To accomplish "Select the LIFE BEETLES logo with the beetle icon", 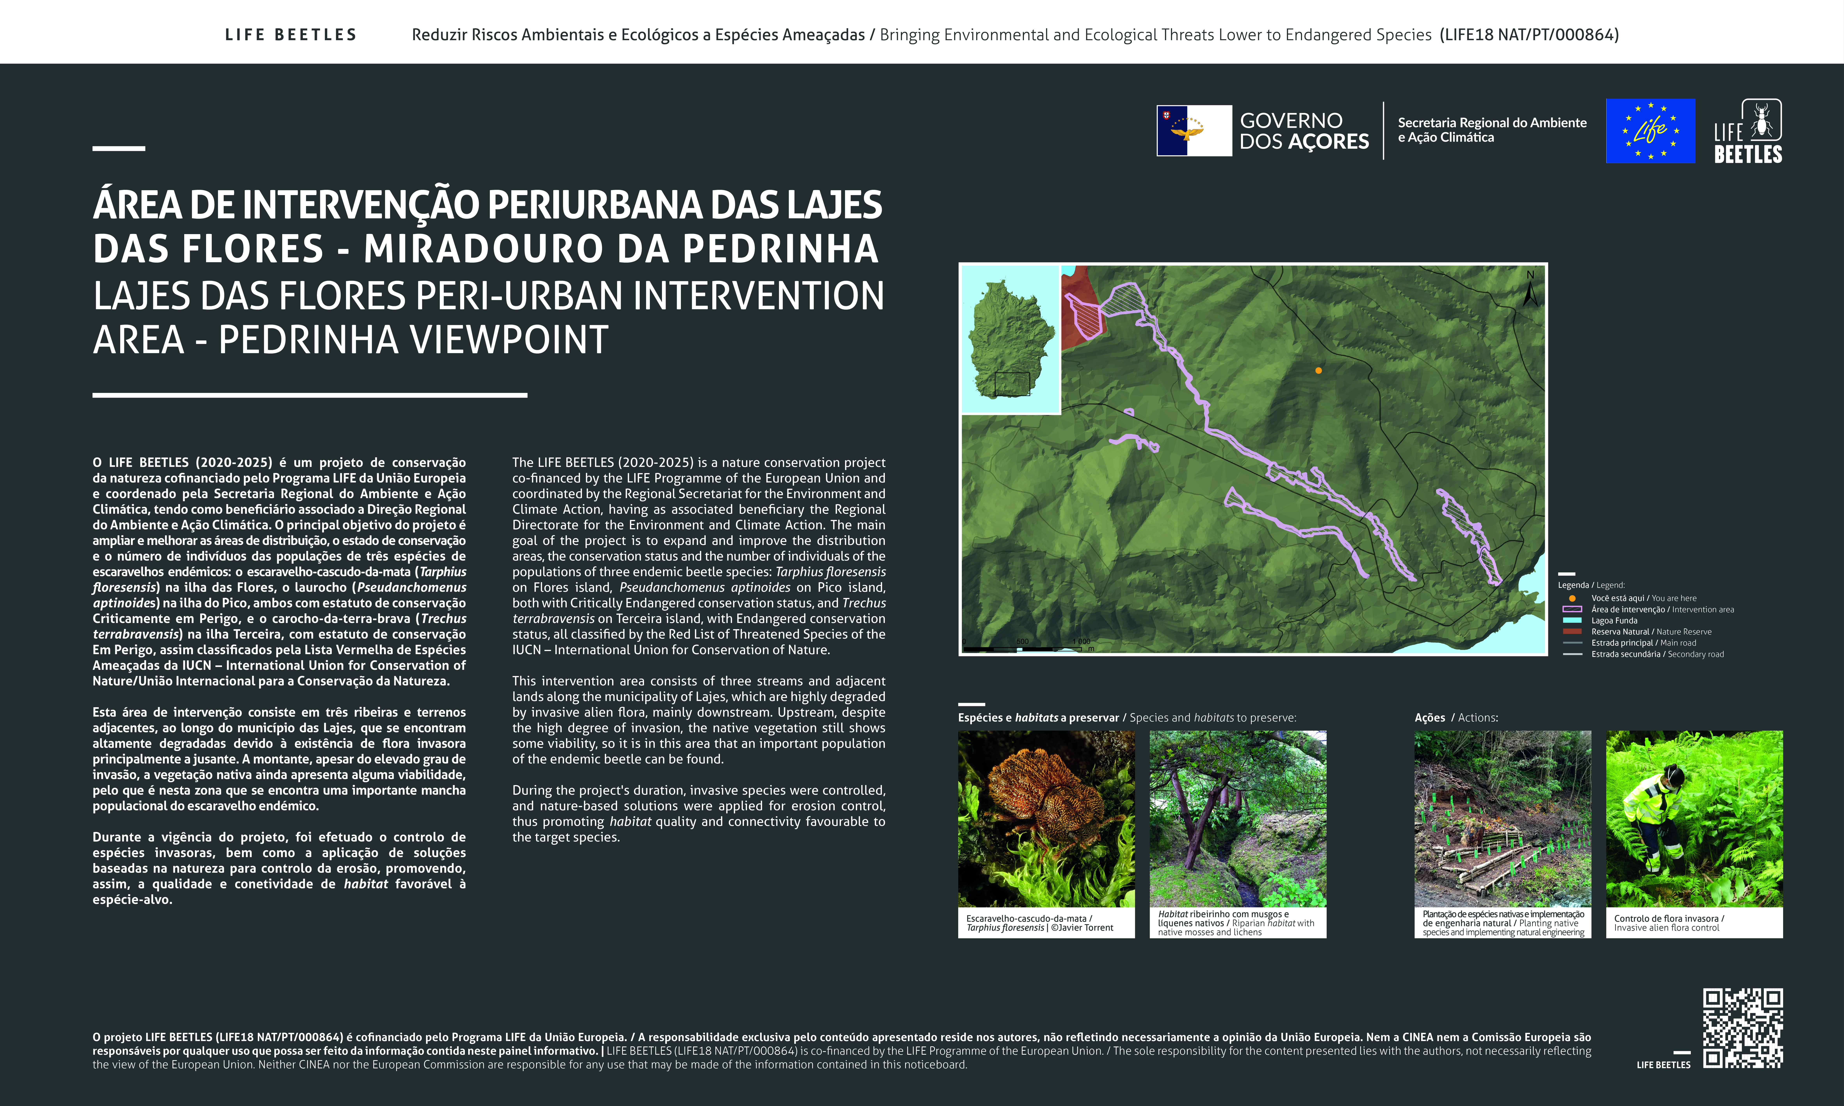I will (1748, 132).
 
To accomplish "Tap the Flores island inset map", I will (1010, 339).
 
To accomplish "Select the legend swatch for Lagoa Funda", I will (1572, 620).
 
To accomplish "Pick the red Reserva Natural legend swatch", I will (1572, 631).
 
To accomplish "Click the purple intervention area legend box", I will (1572, 609).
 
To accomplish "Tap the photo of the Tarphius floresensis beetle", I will (1046, 818).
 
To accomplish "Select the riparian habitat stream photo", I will (1237, 818).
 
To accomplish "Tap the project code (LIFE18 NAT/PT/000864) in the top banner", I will (1529, 35).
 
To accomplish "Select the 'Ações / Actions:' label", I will (1456, 718).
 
